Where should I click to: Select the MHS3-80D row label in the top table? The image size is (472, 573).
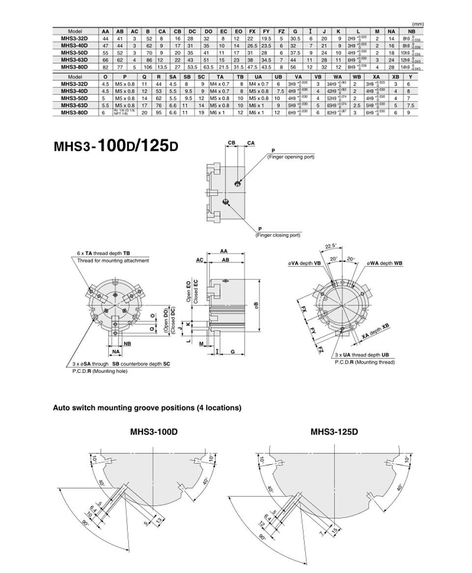[x=74, y=66]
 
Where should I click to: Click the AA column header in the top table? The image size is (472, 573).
[x=105, y=31]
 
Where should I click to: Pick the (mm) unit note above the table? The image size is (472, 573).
[x=418, y=24]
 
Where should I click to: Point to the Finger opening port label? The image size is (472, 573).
[x=291, y=157]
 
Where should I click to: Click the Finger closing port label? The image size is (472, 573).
[x=277, y=235]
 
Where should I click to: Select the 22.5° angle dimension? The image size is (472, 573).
[x=330, y=246]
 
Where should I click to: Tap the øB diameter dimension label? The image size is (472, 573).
[x=256, y=305]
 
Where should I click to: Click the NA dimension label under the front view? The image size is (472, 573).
[x=116, y=352]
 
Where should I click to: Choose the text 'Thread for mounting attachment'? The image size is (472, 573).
[x=113, y=260]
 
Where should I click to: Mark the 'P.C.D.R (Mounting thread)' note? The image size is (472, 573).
[x=365, y=362]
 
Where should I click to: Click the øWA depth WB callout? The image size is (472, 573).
[x=384, y=263]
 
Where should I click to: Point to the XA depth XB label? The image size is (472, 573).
[x=375, y=332]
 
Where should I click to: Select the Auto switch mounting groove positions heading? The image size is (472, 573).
[x=147, y=408]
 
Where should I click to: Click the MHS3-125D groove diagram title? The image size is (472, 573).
[x=334, y=432]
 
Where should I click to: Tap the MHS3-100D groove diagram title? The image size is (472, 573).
[x=153, y=432]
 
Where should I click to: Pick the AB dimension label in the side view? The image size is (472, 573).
[x=225, y=259]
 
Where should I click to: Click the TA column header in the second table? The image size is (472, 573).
[x=220, y=77]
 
